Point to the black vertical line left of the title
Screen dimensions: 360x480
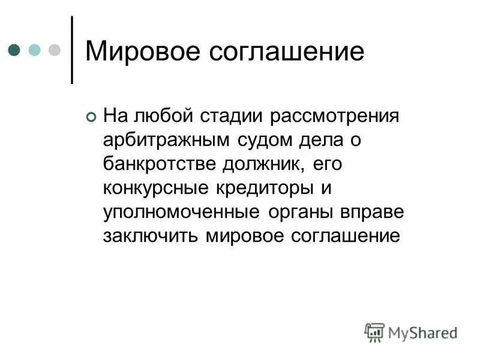[x=73, y=49]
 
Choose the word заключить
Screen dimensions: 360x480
[x=151, y=236]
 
